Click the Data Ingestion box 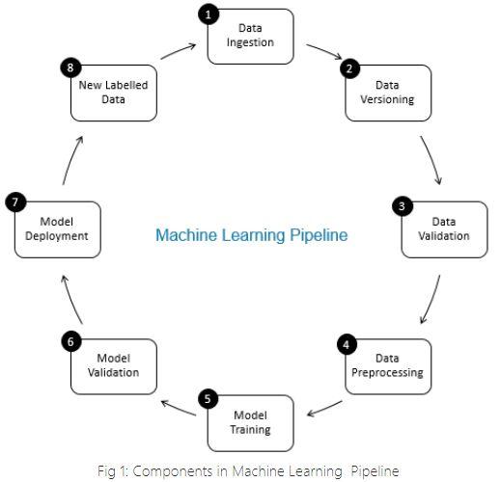250,37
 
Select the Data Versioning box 387,93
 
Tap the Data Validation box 443,229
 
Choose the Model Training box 250,423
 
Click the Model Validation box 113,366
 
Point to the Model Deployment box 57,229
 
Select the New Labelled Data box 113,93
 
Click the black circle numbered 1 208,13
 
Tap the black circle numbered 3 401,206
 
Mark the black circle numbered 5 208,399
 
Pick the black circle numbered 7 14,202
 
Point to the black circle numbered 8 70,67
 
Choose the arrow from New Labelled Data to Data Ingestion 179,49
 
